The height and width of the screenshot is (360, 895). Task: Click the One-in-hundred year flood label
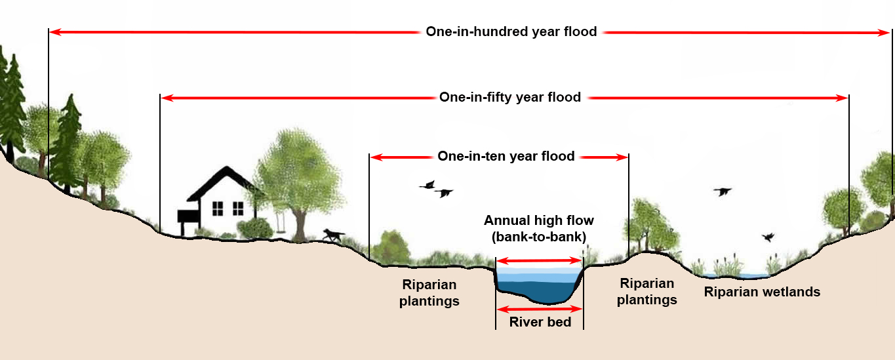coord(511,31)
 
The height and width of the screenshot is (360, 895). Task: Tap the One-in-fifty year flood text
coord(509,97)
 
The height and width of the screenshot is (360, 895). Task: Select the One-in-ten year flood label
coord(506,156)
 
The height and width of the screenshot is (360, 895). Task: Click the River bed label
coord(540,322)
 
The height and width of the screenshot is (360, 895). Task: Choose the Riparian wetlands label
coord(762,292)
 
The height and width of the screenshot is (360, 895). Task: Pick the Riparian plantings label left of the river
coord(429,293)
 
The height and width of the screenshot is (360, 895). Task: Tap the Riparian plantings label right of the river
coord(647,292)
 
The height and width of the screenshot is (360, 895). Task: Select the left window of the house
coord(218,208)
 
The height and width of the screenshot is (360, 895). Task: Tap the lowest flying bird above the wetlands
coord(768,237)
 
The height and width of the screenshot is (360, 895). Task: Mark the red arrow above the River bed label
coord(540,309)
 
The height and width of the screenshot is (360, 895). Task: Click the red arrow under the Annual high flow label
coord(539,260)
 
